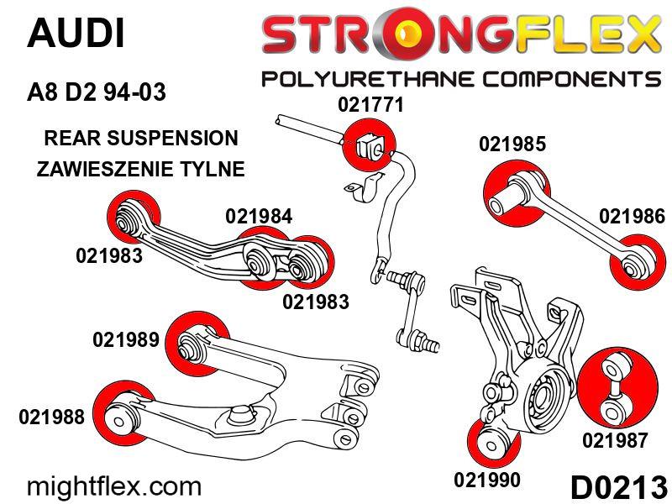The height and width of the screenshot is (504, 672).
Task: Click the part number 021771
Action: coord(371,106)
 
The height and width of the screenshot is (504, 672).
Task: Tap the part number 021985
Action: coord(512,144)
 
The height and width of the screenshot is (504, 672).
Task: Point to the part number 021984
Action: coord(259,216)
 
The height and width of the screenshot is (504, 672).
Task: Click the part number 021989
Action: coord(126,340)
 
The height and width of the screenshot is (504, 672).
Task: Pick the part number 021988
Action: coord(50,417)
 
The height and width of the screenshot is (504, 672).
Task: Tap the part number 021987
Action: coord(615,439)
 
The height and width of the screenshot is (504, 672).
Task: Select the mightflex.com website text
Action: coord(115,486)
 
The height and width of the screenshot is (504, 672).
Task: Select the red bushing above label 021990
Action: coord(488,438)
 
